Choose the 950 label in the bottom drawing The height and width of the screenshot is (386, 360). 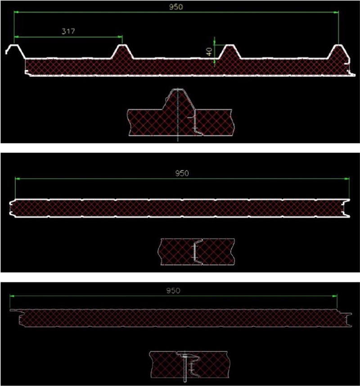pos(173,290)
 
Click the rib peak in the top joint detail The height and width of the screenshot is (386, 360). pos(179,92)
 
